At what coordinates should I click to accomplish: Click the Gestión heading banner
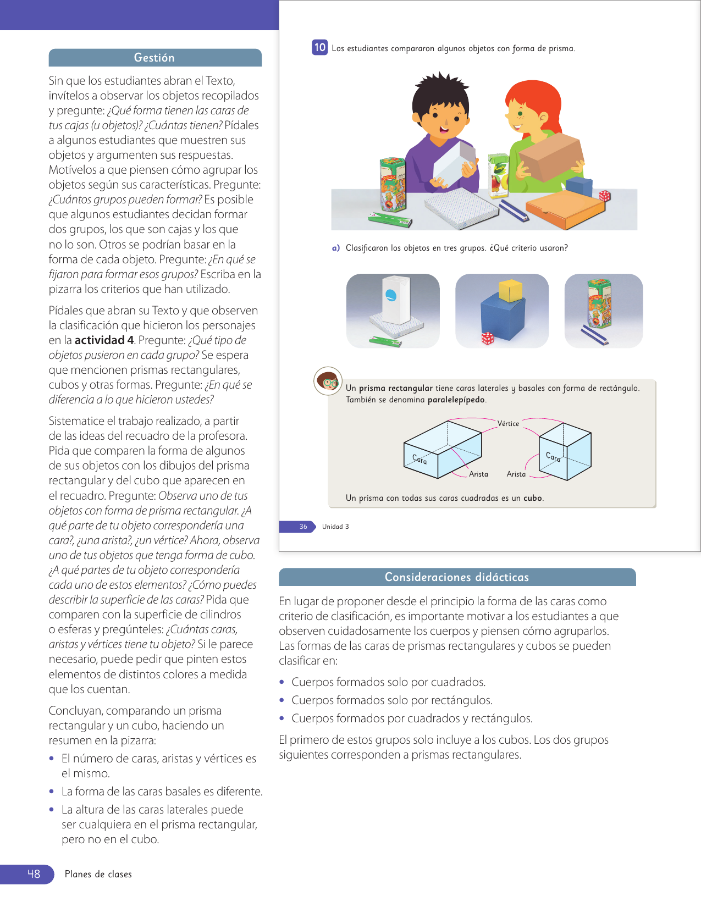(x=154, y=58)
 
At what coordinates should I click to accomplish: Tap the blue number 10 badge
(x=319, y=47)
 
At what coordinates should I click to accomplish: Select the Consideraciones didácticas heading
(x=456, y=577)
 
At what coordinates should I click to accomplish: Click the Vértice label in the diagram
(x=508, y=423)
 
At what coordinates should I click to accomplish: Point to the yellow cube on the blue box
(x=510, y=290)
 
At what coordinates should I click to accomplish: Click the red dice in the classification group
(x=487, y=338)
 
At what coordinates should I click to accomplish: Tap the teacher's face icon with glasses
(x=328, y=380)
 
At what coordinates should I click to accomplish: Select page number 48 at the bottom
(x=34, y=874)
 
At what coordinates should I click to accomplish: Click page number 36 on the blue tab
(x=303, y=527)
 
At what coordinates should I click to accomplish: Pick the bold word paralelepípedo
(x=456, y=400)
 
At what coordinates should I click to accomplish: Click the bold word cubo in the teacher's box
(x=532, y=498)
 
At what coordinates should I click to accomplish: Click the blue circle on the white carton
(x=391, y=295)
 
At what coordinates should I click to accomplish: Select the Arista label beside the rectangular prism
(x=478, y=474)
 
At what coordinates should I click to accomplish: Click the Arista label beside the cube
(x=516, y=474)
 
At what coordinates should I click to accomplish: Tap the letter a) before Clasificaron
(x=335, y=248)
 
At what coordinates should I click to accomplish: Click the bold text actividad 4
(x=104, y=340)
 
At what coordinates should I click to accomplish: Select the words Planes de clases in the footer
(x=98, y=874)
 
